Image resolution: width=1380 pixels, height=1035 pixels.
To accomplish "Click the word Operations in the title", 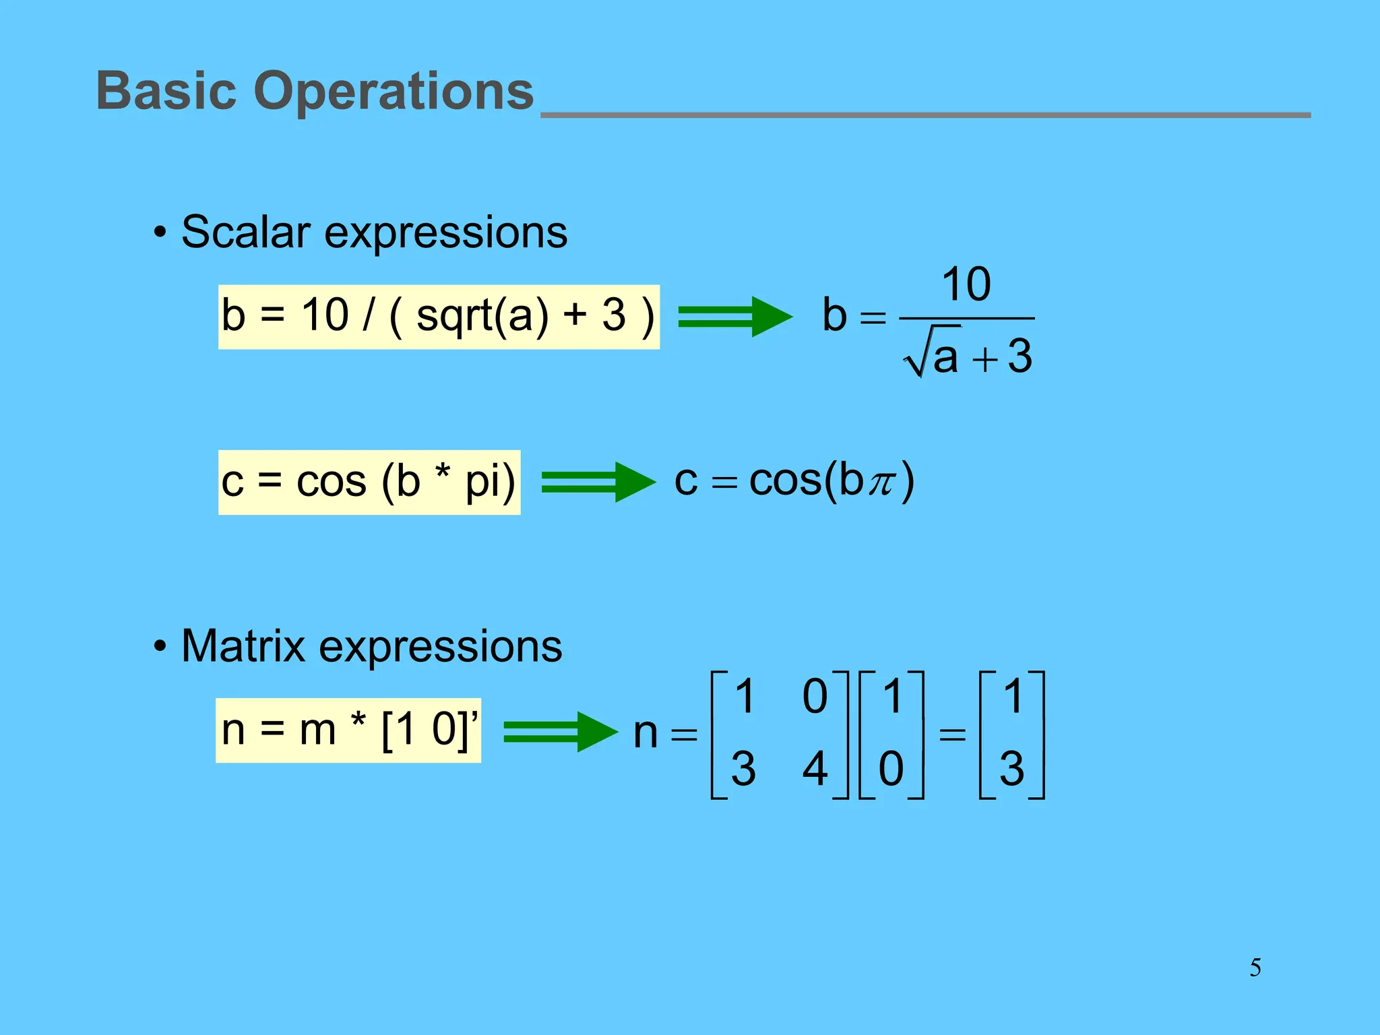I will [394, 92].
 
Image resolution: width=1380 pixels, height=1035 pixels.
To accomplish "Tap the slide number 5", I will [1255, 968].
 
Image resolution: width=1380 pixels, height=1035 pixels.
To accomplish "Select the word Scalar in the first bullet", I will [246, 232].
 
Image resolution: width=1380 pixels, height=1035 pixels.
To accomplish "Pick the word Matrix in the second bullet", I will [243, 646].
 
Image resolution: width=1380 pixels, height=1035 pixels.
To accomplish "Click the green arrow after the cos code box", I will [598, 482].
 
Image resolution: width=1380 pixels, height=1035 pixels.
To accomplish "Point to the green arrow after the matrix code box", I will [560, 732].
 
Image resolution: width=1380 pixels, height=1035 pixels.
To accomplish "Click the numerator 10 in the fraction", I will [966, 284].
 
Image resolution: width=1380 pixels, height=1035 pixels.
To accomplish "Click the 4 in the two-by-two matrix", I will [815, 769].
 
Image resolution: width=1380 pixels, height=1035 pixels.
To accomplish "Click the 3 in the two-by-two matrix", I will [743, 769].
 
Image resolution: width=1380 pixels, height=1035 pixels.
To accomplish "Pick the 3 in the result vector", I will [1011, 769].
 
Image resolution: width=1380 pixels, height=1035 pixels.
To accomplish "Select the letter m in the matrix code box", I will [317, 730].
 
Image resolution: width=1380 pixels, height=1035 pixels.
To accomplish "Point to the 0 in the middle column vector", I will [891, 769].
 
